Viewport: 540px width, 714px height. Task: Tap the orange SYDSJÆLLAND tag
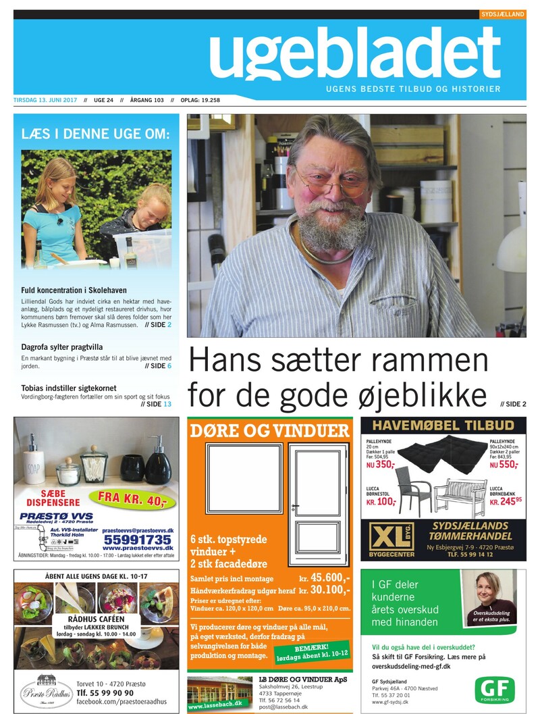(503, 14)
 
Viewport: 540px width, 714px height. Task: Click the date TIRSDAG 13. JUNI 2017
(45, 101)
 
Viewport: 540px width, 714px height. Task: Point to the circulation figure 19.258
(206, 101)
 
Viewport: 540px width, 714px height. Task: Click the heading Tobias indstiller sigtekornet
(69, 388)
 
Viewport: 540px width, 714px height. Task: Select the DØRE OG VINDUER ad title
(270, 430)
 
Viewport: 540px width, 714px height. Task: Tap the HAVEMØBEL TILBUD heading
(443, 426)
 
